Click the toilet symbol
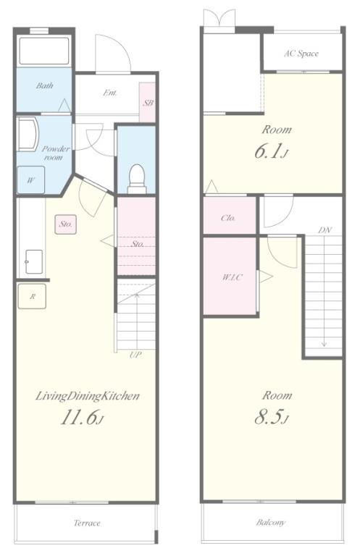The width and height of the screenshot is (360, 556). coord(137,179)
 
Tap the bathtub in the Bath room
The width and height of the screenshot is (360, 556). coord(44,50)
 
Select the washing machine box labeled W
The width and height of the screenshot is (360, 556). coord(31,180)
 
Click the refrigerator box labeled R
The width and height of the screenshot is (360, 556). coord(32,296)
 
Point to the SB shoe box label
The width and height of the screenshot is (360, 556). coord(148,103)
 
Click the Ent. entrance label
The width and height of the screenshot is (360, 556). coord(110,93)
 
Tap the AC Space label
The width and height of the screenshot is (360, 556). coord(301,54)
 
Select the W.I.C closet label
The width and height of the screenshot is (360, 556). coord(233,277)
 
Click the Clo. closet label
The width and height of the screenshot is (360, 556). coord(228,218)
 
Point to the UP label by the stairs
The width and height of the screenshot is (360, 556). coord(135,355)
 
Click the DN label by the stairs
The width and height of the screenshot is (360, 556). coord(325,230)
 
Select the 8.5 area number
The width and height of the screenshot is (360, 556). coord(272,417)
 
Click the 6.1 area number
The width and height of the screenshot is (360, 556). coord(272,151)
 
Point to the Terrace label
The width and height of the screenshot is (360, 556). coord(87,523)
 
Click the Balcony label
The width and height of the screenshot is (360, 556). coord(271,523)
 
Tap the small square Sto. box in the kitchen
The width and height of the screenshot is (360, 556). coord(66,224)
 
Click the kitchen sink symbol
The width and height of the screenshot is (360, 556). coord(34,262)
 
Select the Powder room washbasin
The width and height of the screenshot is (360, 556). coord(28,135)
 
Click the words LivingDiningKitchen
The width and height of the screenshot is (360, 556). coord(88,396)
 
